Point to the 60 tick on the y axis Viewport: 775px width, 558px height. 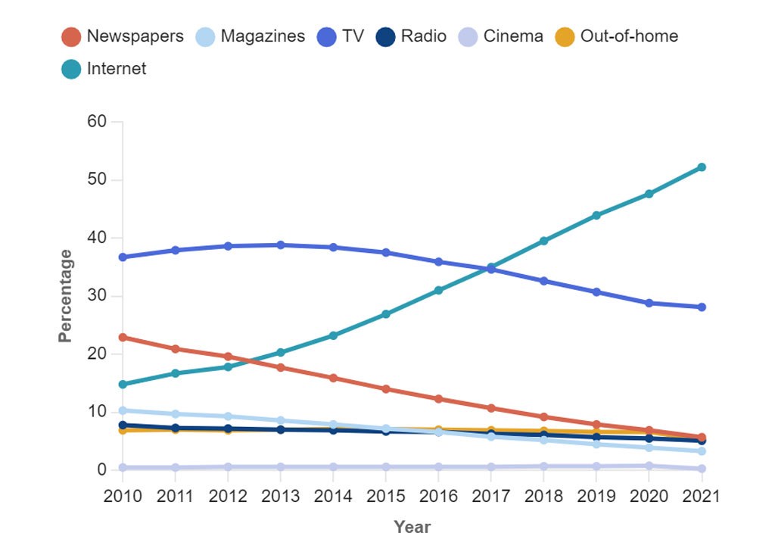[98, 122]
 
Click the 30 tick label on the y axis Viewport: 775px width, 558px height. [98, 296]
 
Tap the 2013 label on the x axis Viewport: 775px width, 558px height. [280, 497]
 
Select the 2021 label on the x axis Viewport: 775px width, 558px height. [702, 497]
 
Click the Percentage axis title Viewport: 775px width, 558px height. [67, 296]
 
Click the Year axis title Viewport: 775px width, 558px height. [412, 527]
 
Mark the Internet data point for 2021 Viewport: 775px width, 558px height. [702, 167]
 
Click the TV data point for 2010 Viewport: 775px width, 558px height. [122, 257]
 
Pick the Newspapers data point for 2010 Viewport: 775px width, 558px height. [122, 338]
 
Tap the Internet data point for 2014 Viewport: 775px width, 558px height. [333, 335]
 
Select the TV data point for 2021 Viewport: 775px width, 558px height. [702, 307]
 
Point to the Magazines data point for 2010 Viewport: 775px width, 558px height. [122, 410]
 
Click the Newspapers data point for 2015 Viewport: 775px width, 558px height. [386, 389]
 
